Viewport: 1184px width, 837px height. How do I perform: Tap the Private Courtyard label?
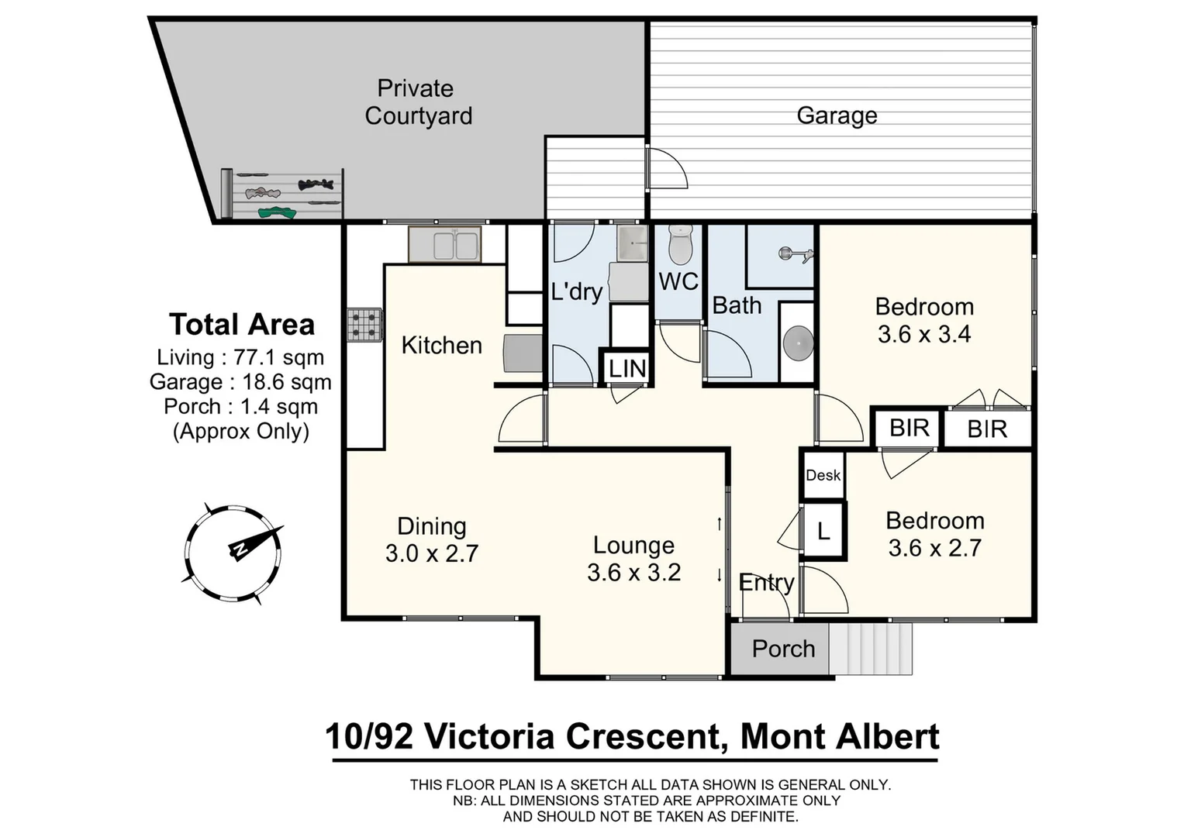(418, 102)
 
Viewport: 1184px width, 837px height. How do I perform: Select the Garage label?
(837, 115)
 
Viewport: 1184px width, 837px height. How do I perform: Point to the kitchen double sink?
(445, 244)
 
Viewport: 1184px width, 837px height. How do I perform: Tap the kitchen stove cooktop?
(364, 325)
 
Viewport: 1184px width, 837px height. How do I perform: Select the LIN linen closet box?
(627, 369)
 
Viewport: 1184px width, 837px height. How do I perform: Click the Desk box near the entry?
(823, 475)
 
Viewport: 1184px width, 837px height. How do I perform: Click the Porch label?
(783, 649)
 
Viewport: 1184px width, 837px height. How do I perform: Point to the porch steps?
(870, 649)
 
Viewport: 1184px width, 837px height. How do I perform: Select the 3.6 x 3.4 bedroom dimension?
(924, 335)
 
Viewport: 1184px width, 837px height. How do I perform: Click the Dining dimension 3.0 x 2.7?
(432, 553)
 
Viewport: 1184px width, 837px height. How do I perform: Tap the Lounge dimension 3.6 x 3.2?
(633, 573)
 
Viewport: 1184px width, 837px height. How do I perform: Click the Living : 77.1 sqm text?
(240, 357)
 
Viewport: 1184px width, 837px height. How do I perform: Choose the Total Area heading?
(242, 325)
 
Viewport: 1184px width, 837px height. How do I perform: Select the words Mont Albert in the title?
(840, 736)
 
